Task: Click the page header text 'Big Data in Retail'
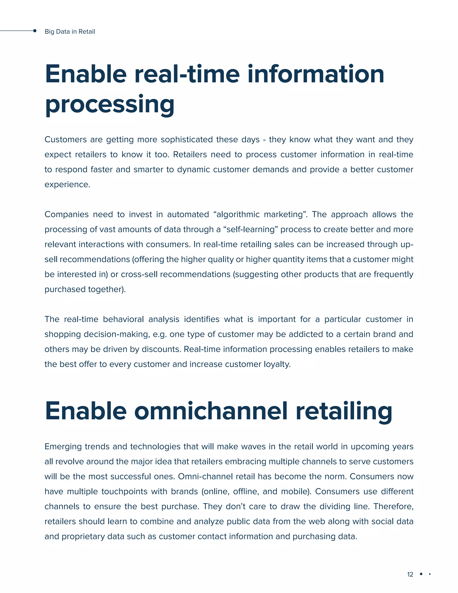[x=70, y=32]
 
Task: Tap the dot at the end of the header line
[x=35, y=31]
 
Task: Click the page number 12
[x=410, y=574]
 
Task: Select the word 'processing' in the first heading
[x=110, y=105]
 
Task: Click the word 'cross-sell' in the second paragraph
[x=139, y=274]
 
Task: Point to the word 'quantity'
[x=288, y=259]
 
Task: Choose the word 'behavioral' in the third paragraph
[x=123, y=319]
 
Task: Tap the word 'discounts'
[x=161, y=349]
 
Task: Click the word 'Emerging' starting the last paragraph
[x=63, y=447]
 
